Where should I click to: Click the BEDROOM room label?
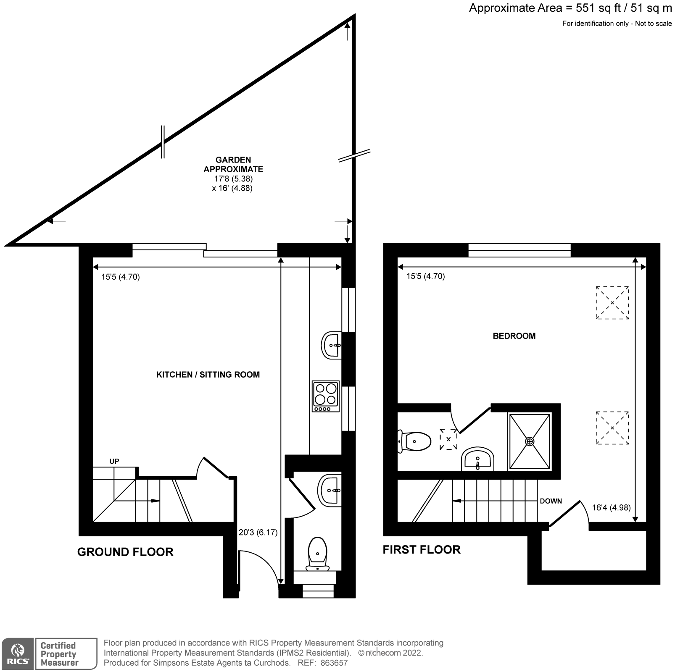[x=514, y=336]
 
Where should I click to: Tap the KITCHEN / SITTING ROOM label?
[x=208, y=375]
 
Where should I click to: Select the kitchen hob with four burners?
[x=326, y=396]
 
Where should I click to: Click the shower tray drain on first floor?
[x=530, y=441]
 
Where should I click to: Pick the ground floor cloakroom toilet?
[x=317, y=554]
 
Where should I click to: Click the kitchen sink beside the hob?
[x=332, y=345]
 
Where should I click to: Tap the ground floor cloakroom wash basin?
[x=330, y=490]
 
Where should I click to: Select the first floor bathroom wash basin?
[x=477, y=459]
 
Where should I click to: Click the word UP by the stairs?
[x=114, y=461]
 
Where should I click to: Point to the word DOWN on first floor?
[x=551, y=501]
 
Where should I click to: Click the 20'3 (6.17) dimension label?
[x=258, y=533]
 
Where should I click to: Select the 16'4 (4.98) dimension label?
[x=611, y=508]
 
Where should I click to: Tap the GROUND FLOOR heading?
[x=125, y=552]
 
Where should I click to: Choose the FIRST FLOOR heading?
[x=421, y=550]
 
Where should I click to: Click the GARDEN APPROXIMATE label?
[x=233, y=165]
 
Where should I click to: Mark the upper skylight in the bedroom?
[x=612, y=303]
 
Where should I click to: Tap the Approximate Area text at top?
[x=570, y=8]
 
